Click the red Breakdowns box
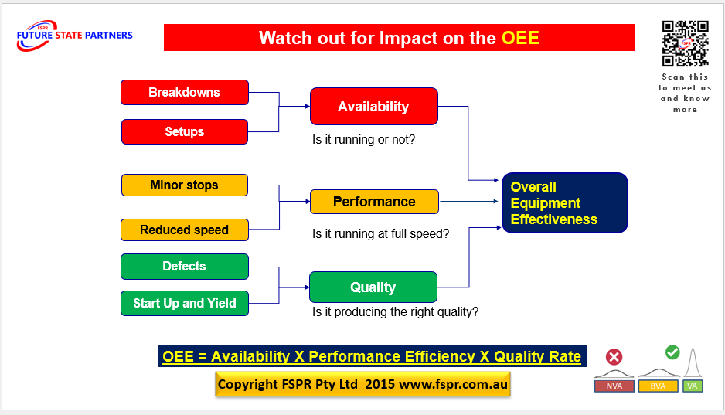tap(184, 92)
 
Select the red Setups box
tap(184, 131)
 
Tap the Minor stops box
tap(184, 185)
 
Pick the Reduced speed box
tap(184, 230)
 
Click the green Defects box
tap(184, 267)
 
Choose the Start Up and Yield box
tap(184, 303)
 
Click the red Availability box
tap(373, 107)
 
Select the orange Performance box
tap(373, 202)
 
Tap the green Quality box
tap(373, 287)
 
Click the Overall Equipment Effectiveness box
tap(564, 202)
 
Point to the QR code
tap(685, 44)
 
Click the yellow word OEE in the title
tap(520, 38)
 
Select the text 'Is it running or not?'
tap(363, 141)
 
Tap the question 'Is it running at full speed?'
tap(380, 233)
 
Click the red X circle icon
tap(614, 357)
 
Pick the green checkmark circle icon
tap(672, 352)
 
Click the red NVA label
tap(614, 386)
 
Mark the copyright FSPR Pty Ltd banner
tap(362, 384)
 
